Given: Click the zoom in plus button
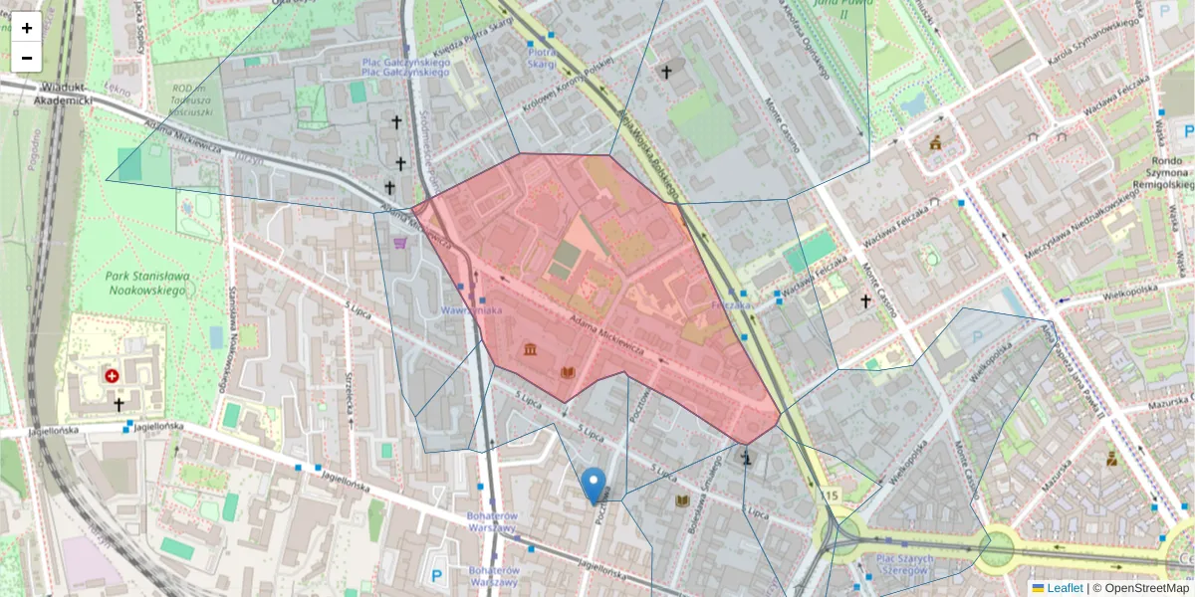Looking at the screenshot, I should [x=27, y=28].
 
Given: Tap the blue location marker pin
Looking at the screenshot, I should [x=595, y=485].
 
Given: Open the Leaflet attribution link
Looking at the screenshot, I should [x=1057, y=588].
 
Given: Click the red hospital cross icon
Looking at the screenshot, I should [x=112, y=376].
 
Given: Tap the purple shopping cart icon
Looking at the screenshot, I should [x=399, y=242].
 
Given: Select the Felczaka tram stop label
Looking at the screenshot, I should [x=731, y=305].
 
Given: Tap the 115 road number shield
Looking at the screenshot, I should [x=831, y=496].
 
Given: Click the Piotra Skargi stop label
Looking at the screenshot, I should [x=542, y=58].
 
